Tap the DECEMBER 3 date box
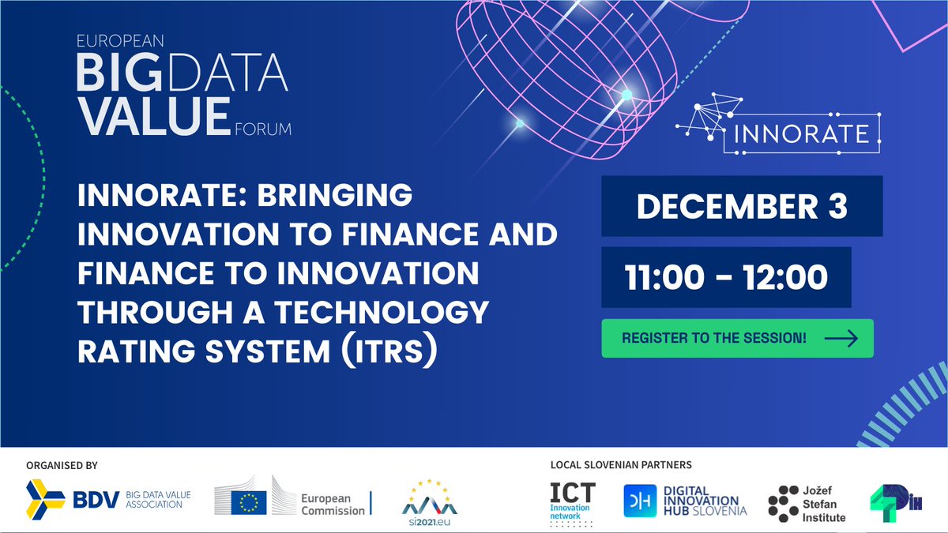pos(742,206)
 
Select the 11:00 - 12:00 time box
pos(726,277)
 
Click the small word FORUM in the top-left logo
pos(263,129)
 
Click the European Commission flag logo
pos(246,498)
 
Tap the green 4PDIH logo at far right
pos(894,500)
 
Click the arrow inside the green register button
pos(841,338)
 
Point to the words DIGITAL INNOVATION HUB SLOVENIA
pos(702,501)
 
